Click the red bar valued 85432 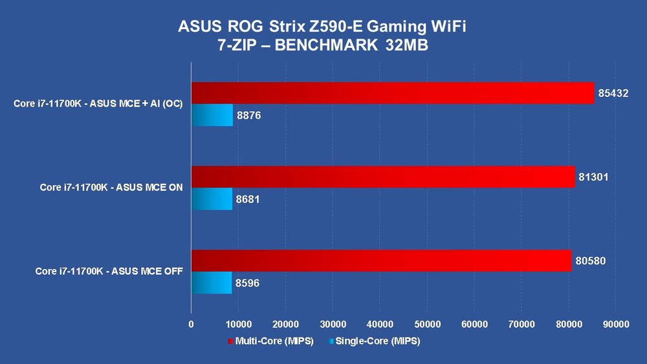tap(392, 93)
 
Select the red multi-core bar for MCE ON tap(382, 177)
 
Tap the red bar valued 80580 tap(380, 261)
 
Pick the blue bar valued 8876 tap(212, 115)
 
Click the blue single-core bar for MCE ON tap(211, 199)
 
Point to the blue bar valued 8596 tap(211, 283)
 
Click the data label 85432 tap(613, 93)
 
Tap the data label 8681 tap(248, 199)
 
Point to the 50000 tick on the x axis tap(427, 325)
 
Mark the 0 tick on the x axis tap(191, 325)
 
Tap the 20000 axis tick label tap(285, 325)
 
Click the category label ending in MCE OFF tap(109, 272)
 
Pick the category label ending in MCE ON tap(111, 187)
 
